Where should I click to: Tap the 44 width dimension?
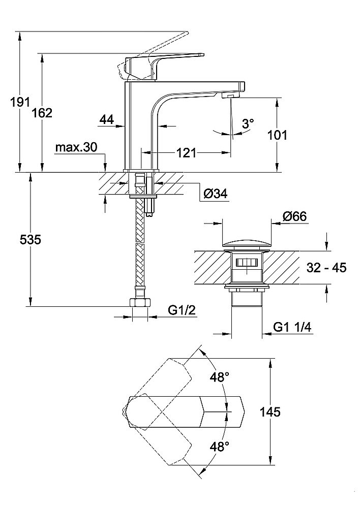point(106,120)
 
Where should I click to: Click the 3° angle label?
point(248,123)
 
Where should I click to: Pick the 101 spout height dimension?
point(277,135)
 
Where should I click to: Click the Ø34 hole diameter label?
point(215,194)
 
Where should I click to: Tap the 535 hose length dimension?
point(30,240)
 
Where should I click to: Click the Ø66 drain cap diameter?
point(295,216)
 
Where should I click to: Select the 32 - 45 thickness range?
point(326,268)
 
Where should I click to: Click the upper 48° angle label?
point(220,377)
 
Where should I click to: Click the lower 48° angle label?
point(220,446)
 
